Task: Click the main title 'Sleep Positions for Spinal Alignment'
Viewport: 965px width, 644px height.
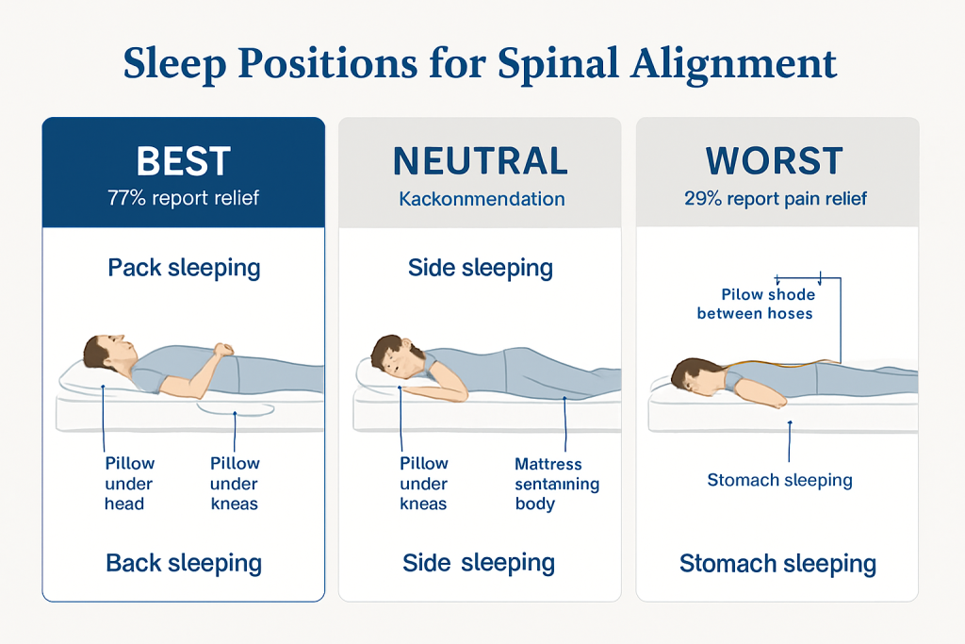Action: pos(481,64)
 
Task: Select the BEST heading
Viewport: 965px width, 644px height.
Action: pos(183,161)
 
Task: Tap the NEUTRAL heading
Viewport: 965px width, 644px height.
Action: pos(481,161)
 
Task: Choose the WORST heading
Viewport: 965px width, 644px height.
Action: pos(774,161)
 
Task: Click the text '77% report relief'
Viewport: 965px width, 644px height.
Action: pos(183,199)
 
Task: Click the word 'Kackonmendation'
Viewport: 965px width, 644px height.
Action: pos(482,199)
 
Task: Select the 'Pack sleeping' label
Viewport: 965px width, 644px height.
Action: pos(184,268)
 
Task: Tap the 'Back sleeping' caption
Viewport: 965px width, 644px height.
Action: pos(184,564)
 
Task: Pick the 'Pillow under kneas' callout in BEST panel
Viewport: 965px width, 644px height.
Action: pos(235,483)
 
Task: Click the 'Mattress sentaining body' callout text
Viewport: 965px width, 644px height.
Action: pos(556,483)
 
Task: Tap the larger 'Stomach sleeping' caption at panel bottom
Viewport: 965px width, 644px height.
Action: pos(777,565)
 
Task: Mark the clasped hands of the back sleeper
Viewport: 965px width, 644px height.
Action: pos(221,350)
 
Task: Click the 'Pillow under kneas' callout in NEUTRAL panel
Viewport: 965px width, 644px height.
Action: pos(423,483)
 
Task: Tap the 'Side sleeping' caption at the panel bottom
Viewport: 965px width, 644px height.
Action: pos(479,564)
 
